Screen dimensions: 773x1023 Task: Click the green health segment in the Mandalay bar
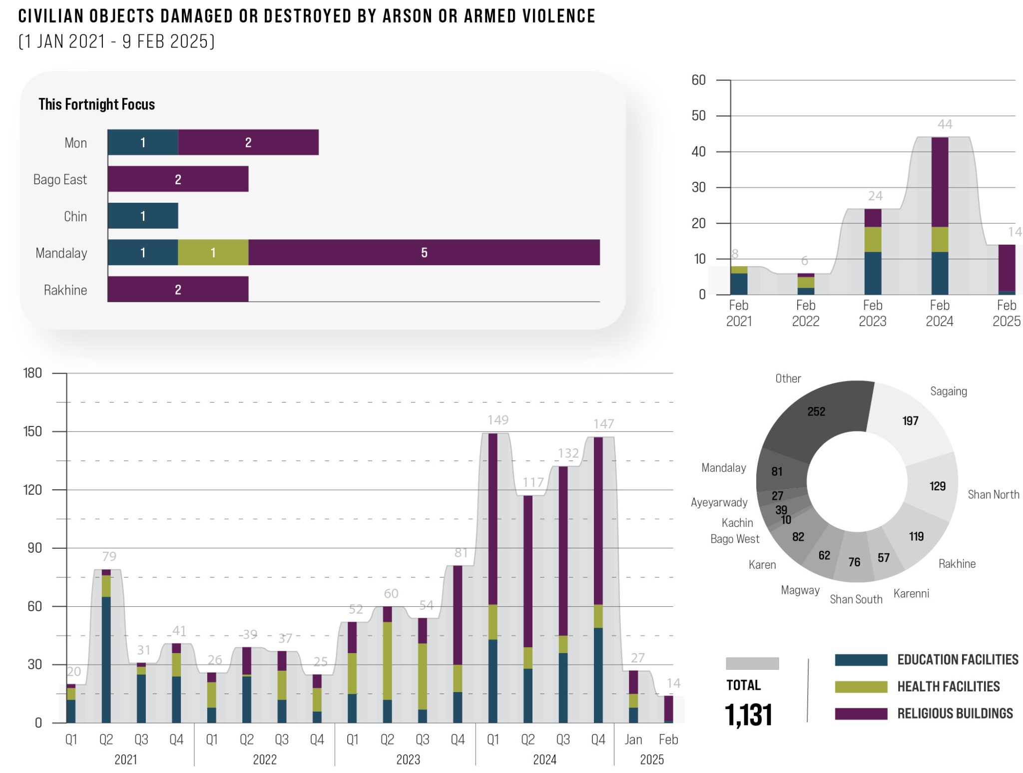click(x=213, y=252)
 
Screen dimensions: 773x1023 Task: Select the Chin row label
click(x=75, y=216)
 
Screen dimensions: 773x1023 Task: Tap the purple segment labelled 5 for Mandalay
click(x=424, y=252)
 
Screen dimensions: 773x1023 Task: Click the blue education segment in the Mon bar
click(x=143, y=142)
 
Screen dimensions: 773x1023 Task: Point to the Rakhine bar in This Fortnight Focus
click(x=178, y=289)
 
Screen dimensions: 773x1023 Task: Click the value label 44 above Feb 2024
click(x=944, y=124)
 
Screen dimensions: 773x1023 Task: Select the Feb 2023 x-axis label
click(x=872, y=313)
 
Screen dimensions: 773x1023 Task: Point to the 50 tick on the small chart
click(x=698, y=116)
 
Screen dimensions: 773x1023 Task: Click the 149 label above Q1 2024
click(x=498, y=420)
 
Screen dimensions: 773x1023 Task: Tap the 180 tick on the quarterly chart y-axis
click(x=32, y=373)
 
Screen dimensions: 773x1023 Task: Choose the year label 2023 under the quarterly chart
click(x=408, y=760)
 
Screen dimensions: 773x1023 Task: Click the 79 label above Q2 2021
click(x=109, y=556)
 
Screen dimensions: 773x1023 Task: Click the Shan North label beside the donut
click(x=993, y=494)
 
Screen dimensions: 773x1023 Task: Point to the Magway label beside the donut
click(x=800, y=590)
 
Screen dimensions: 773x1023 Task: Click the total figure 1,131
click(x=748, y=715)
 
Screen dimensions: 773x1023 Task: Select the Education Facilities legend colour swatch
click(x=861, y=660)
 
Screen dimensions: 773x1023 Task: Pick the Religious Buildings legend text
click(x=955, y=714)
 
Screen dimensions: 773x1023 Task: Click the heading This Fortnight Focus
click(x=96, y=104)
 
